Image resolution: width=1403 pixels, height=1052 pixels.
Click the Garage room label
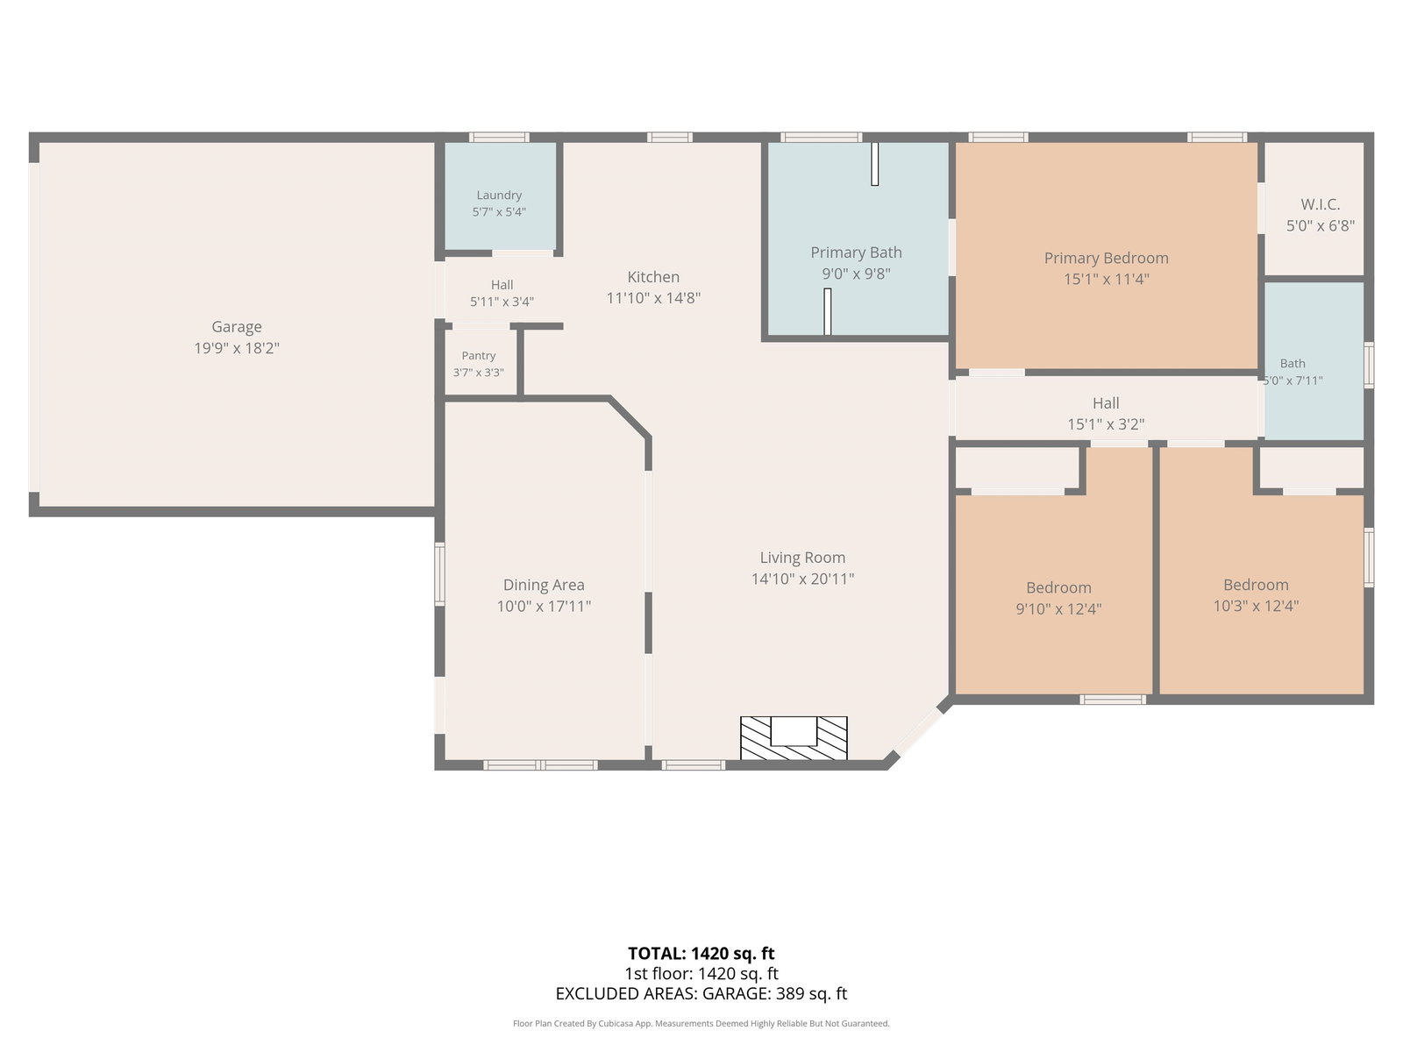(237, 326)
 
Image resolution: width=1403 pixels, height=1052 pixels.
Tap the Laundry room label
(499, 195)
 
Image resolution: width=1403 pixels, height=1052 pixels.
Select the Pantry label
(479, 356)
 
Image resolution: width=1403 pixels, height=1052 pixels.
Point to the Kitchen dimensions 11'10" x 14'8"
(653, 298)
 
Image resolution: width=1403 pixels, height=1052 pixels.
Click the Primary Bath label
(856, 252)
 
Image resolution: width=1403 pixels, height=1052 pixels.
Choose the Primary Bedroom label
(1106, 258)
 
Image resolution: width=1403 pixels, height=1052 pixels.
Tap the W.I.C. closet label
(1320, 204)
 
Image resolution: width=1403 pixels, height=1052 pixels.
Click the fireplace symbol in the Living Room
(794, 738)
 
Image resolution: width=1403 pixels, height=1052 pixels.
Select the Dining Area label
(544, 585)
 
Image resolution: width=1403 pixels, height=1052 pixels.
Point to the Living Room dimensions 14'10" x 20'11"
(802, 579)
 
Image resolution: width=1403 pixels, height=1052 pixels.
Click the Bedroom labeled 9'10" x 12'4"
(1058, 587)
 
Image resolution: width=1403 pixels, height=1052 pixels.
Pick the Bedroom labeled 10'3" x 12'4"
(1256, 585)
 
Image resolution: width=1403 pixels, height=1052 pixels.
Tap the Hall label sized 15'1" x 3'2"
(1106, 403)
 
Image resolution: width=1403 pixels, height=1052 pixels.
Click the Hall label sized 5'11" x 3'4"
(502, 285)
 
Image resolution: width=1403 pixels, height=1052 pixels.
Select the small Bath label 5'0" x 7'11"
(1293, 364)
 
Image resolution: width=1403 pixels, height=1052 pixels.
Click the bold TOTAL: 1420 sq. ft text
(701, 954)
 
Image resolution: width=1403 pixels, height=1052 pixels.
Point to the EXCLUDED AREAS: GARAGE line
(701, 994)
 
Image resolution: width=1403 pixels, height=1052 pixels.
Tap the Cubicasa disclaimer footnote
(701, 1024)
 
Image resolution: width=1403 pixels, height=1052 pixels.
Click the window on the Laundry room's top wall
(499, 137)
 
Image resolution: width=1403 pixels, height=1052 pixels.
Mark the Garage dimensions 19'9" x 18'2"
(237, 348)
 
